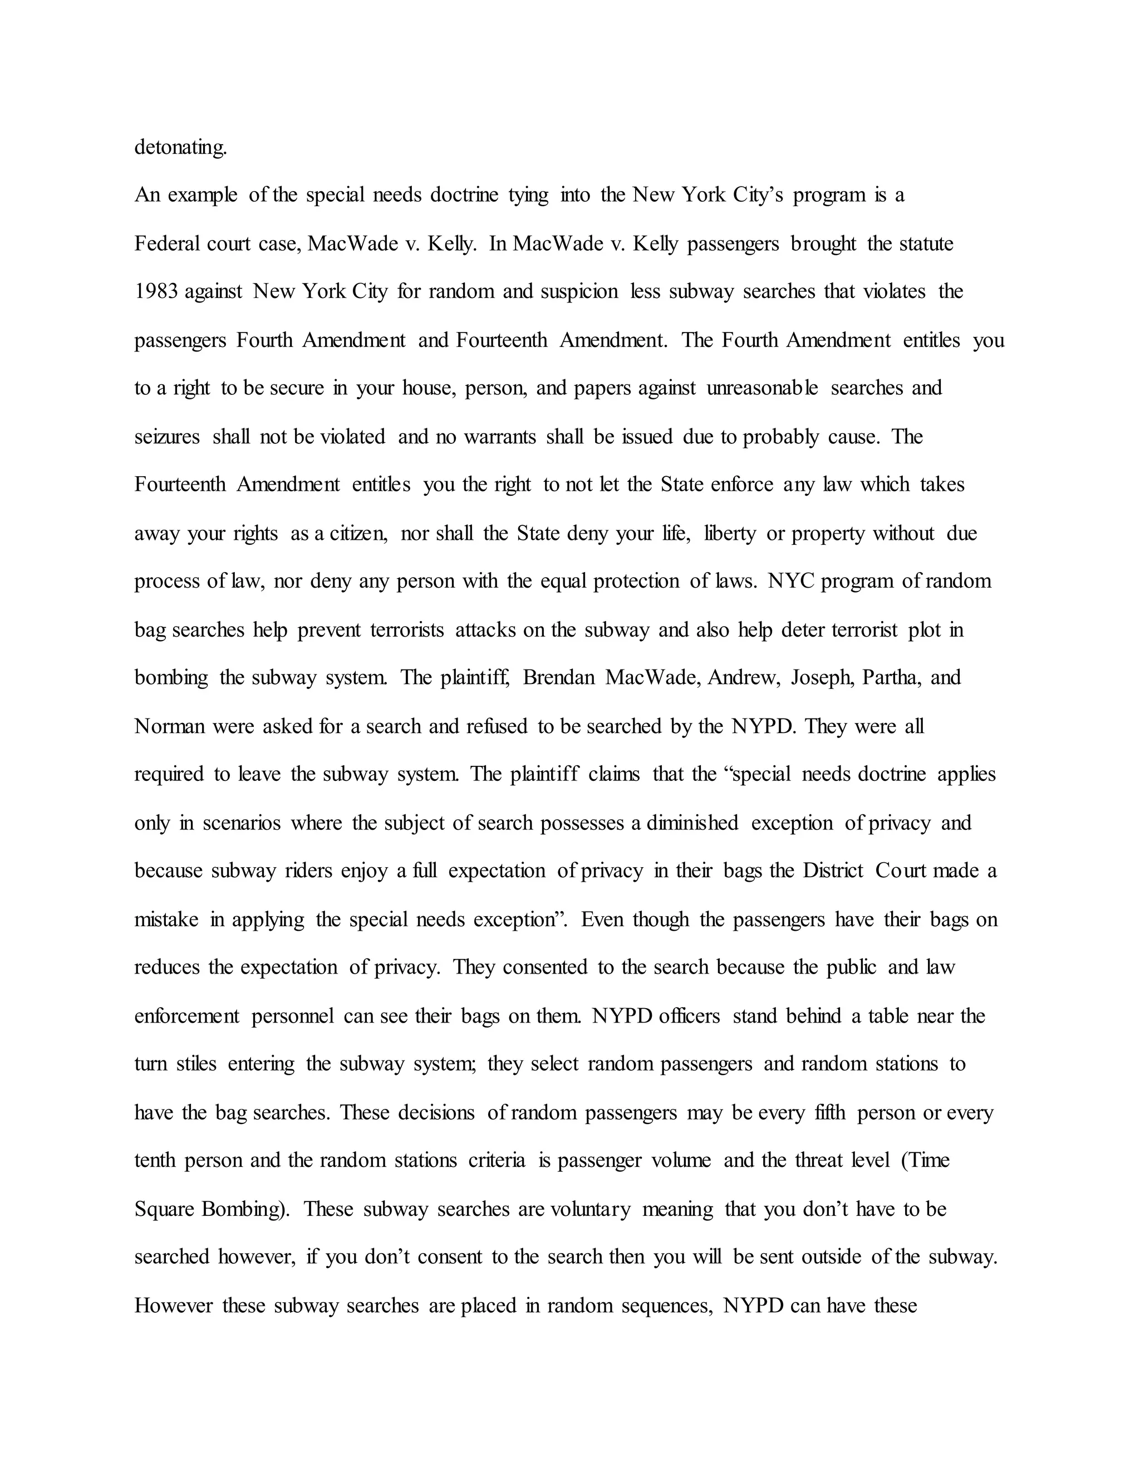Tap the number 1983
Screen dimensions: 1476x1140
155,291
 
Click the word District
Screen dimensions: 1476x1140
833,871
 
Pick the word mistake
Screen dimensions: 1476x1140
166,920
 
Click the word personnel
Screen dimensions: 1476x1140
292,1016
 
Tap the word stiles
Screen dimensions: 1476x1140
196,1064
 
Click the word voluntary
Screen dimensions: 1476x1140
590,1209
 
